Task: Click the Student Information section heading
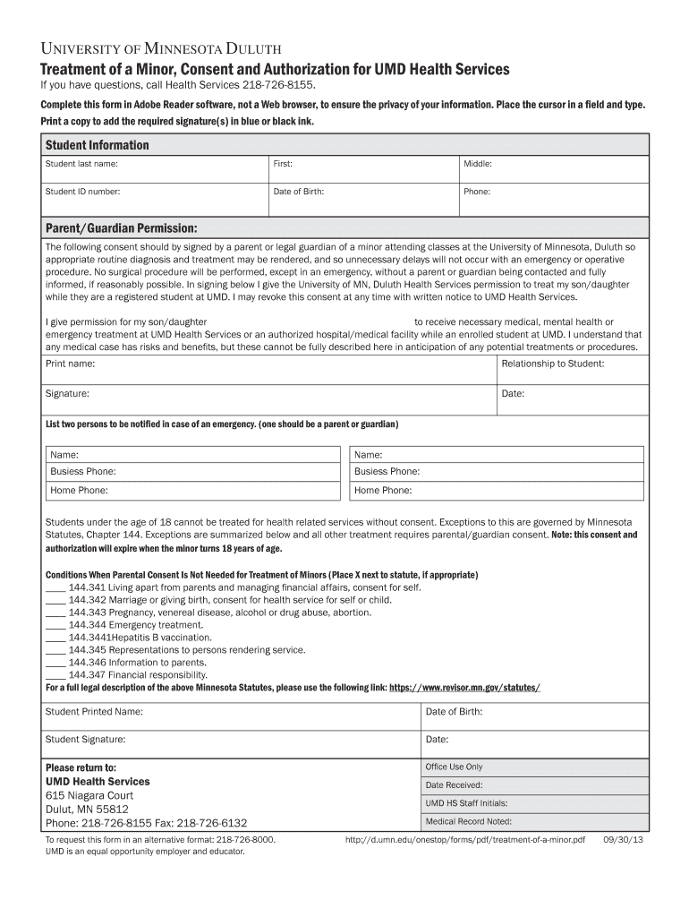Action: pos(98,145)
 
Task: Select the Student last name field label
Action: pos(81,165)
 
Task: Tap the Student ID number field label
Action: pos(82,192)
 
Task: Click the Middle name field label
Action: pos(478,165)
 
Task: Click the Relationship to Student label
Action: pos(552,364)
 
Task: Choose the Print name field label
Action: pos(70,364)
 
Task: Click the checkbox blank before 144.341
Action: pos(55,587)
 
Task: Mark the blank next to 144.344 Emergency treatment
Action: pos(55,625)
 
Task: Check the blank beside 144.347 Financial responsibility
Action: pos(55,675)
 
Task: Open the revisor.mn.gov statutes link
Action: pos(464,688)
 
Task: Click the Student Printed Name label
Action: pos(94,712)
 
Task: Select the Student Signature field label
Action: pos(86,740)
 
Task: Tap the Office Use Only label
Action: pos(454,767)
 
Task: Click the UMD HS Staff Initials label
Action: pos(466,803)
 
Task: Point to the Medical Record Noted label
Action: pos(468,821)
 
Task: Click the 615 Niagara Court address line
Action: pos(89,795)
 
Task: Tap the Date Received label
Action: pos(454,785)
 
